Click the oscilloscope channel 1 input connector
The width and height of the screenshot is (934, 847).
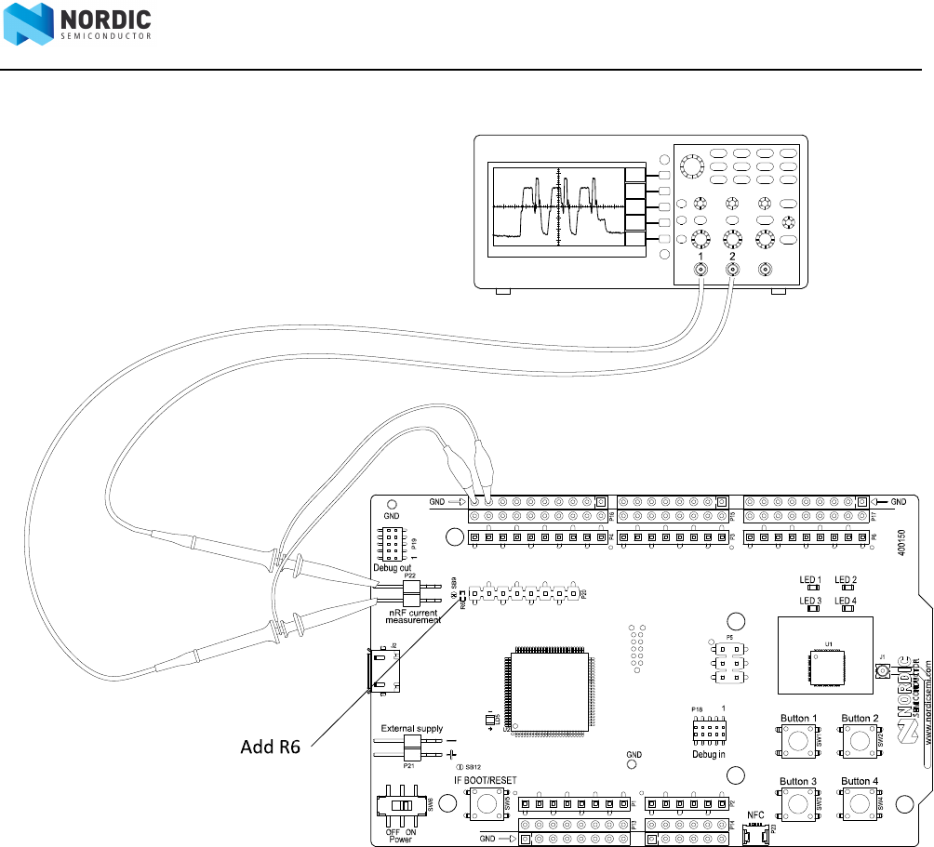click(701, 270)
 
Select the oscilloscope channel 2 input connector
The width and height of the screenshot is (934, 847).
click(733, 270)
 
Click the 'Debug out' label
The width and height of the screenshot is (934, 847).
click(393, 567)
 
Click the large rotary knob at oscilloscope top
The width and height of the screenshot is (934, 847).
click(690, 166)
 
